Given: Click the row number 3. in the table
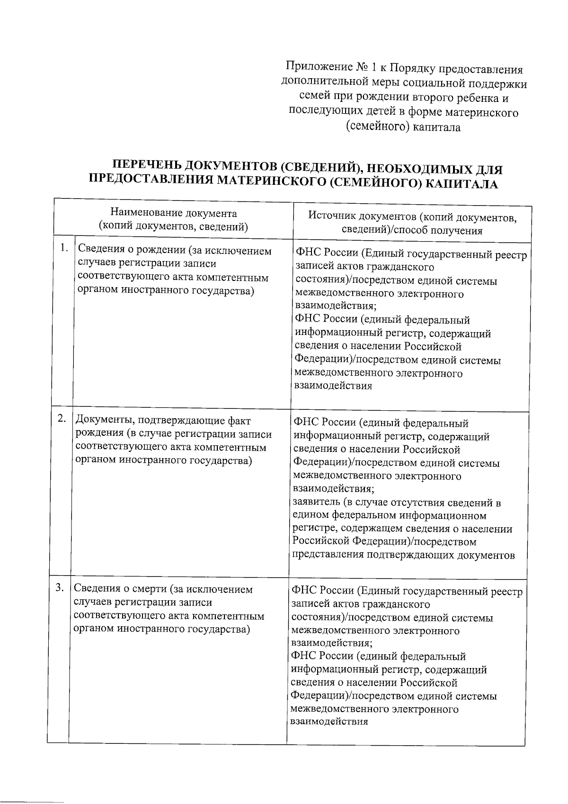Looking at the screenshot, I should pos(60,587).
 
